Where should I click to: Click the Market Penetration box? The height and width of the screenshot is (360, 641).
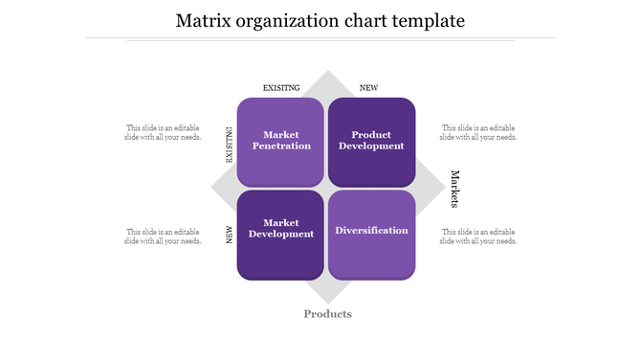tap(280, 141)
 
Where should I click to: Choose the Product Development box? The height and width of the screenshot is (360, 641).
tap(372, 141)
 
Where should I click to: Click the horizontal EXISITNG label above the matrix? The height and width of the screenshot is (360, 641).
tap(281, 88)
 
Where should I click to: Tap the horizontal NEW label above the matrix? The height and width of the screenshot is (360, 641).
tap(368, 88)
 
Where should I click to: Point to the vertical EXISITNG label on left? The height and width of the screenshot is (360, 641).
tap(230, 146)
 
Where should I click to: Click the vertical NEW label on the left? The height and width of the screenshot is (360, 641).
tap(230, 235)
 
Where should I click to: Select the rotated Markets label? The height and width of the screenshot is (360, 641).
tap(455, 190)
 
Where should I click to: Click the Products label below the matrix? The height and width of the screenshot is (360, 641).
tap(327, 314)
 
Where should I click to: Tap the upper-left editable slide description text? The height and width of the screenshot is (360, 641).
tap(162, 132)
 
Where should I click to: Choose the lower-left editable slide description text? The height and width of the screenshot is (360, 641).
tap(162, 236)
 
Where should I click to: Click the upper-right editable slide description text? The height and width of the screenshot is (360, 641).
tap(477, 132)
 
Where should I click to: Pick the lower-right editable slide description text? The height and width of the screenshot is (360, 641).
tap(477, 236)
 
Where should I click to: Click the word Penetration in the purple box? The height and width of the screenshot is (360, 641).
tap(280, 146)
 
